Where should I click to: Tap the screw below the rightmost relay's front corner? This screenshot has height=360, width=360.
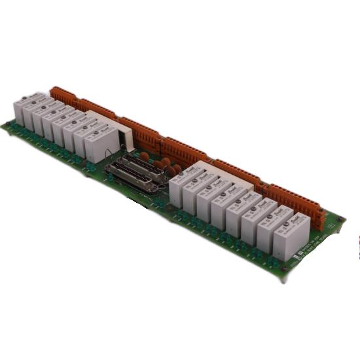click(x=285, y=268)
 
